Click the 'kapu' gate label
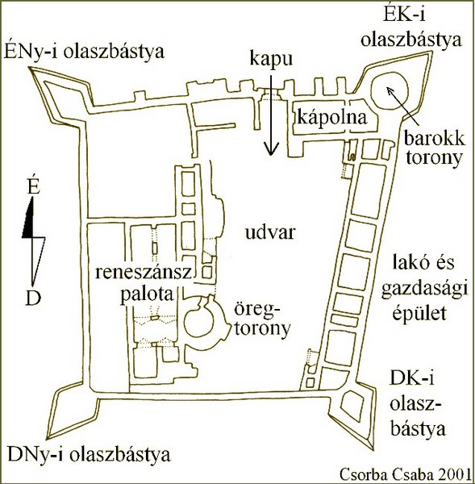click(x=271, y=59)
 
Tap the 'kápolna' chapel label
click(x=332, y=118)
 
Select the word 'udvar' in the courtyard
click(x=270, y=232)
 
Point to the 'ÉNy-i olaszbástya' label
click(x=84, y=52)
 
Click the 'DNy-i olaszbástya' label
click(x=90, y=455)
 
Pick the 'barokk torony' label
click(x=434, y=148)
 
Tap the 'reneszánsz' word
click(x=144, y=273)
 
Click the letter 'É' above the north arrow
click(x=33, y=186)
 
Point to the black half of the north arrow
click(x=28, y=222)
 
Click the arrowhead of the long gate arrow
click(x=271, y=149)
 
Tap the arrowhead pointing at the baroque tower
click(x=390, y=90)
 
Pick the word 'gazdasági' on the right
click(x=425, y=291)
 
